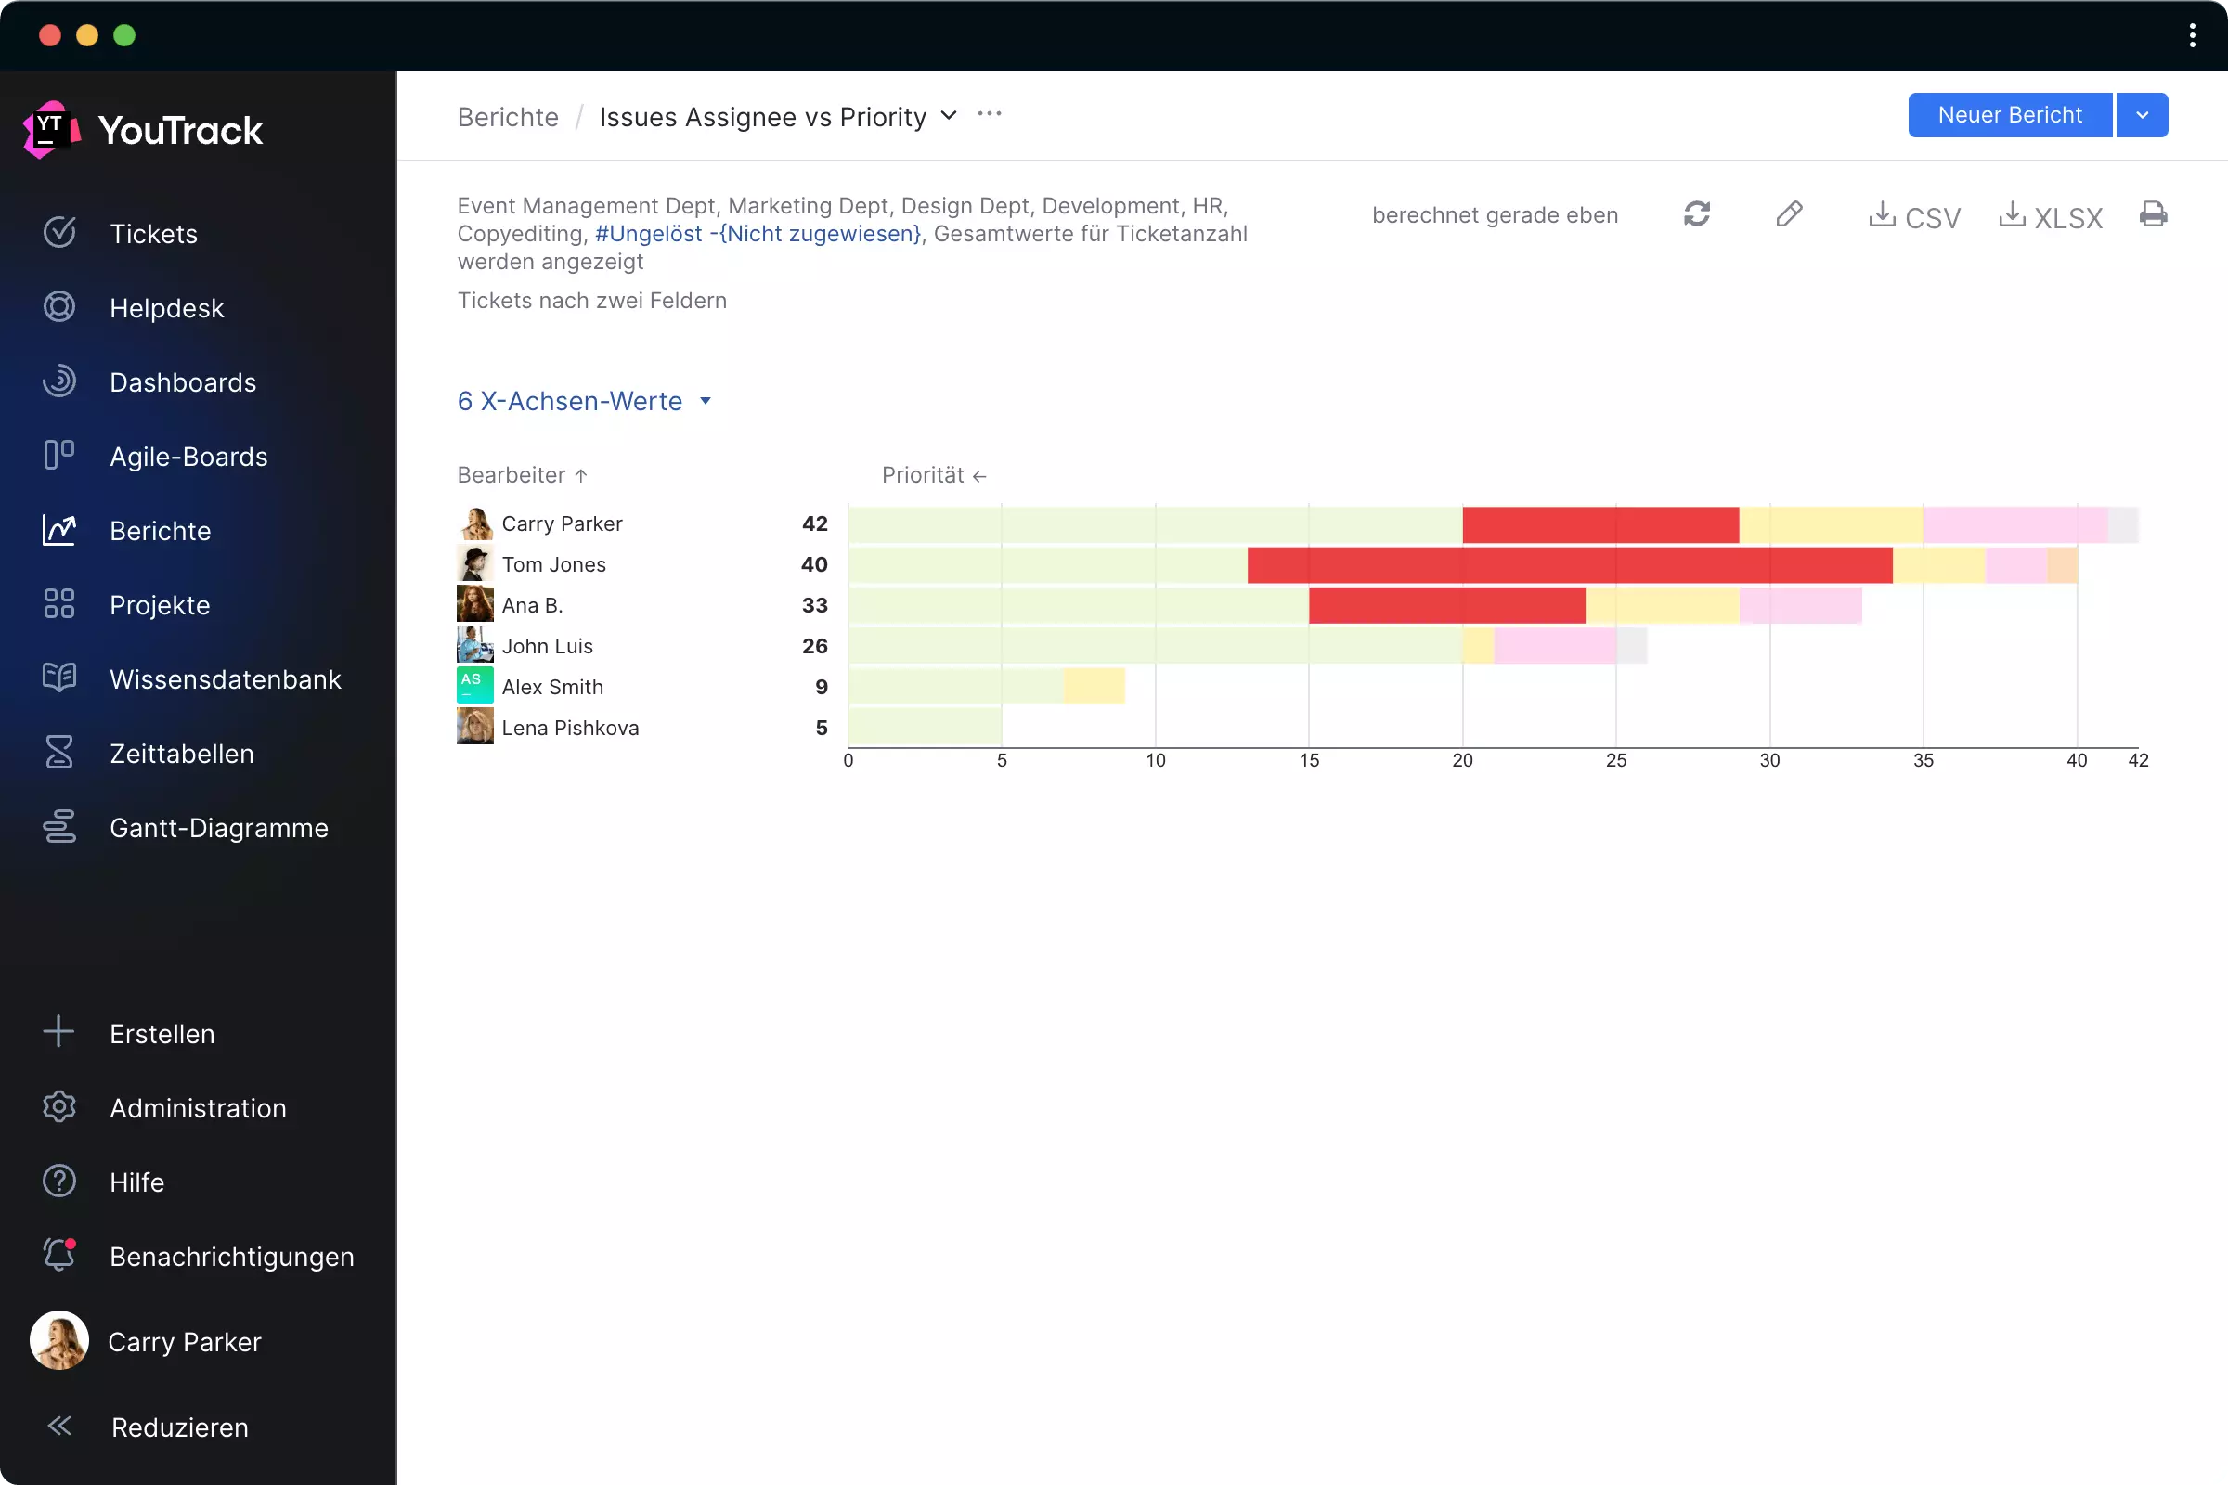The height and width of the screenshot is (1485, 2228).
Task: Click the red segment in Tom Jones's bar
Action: pyautogui.click(x=1570, y=565)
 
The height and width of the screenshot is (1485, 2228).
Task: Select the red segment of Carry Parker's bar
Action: pyautogui.click(x=1600, y=524)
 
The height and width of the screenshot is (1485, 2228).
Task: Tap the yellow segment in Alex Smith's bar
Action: pyautogui.click(x=1095, y=687)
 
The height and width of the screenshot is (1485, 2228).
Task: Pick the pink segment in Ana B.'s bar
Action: pyautogui.click(x=1800, y=606)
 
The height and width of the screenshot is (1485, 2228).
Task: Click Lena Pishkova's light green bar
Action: pyautogui.click(x=925, y=728)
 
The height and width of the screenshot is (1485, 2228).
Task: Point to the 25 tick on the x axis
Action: pyautogui.click(x=1616, y=760)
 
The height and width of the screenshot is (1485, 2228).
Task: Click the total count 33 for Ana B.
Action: pyautogui.click(x=815, y=605)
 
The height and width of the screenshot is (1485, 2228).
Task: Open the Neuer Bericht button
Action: pyautogui.click(x=2009, y=115)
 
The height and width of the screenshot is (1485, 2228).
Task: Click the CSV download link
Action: pyautogui.click(x=1914, y=217)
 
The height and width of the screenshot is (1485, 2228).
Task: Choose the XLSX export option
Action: pyautogui.click(x=2051, y=217)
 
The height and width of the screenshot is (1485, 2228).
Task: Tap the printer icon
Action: pyautogui.click(x=2153, y=215)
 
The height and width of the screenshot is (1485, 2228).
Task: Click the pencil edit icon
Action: pyautogui.click(x=1789, y=215)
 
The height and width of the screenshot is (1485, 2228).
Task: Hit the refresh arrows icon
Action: pyautogui.click(x=1697, y=215)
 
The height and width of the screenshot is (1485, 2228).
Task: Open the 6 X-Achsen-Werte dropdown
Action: pyautogui.click(x=584, y=402)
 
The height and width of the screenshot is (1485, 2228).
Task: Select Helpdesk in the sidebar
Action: pyautogui.click(x=167, y=308)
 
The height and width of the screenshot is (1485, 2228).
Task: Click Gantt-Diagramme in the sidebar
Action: pyautogui.click(x=219, y=828)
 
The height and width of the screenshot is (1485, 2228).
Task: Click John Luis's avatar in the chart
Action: pyautogui.click(x=474, y=646)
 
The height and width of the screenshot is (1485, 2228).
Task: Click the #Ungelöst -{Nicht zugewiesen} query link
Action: pyautogui.click(x=758, y=234)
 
